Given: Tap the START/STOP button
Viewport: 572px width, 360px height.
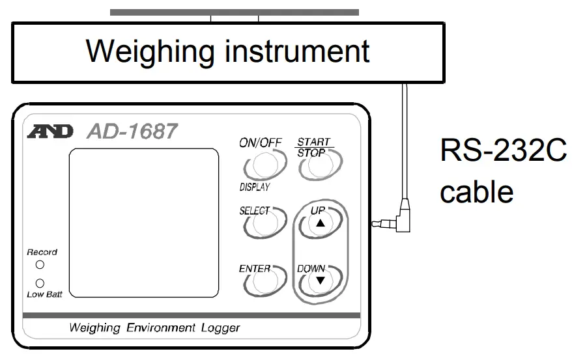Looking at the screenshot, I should click(315, 167).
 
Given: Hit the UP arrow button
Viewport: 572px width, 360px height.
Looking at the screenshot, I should click(319, 223).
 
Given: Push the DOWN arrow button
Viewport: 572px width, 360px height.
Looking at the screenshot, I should click(319, 280).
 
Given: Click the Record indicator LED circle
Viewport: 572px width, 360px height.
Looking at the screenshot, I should click(40, 265).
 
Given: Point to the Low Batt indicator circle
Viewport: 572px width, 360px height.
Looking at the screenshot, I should click(40, 284).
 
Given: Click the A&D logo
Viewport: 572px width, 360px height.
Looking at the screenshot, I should click(51, 132).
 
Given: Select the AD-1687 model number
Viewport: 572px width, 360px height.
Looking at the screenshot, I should click(132, 132).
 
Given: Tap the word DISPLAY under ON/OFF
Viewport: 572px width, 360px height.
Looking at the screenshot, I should click(255, 187).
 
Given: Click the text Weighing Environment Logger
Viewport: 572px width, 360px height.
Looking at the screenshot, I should click(154, 328).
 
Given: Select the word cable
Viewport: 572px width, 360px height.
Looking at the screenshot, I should click(476, 192).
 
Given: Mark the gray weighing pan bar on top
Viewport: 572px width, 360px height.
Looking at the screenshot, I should click(234, 12).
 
